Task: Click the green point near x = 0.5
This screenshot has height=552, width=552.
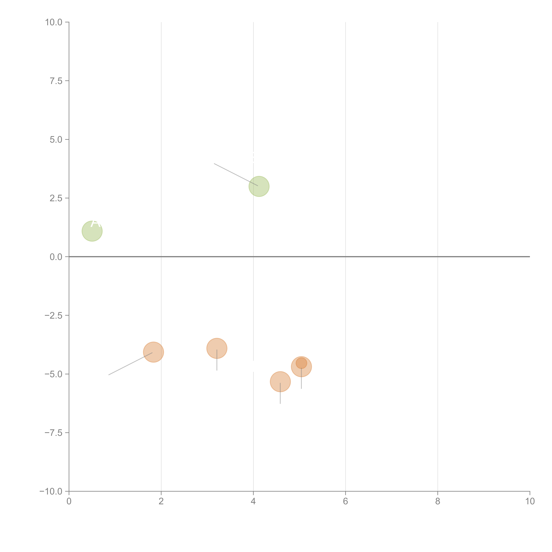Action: click(92, 231)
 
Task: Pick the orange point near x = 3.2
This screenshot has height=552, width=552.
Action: click(217, 348)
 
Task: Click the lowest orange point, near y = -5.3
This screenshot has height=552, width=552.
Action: click(280, 382)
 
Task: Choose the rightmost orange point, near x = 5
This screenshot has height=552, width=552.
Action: click(301, 367)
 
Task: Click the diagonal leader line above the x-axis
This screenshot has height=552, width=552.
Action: click(236, 175)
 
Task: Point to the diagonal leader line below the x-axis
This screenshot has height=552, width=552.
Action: click(131, 364)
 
